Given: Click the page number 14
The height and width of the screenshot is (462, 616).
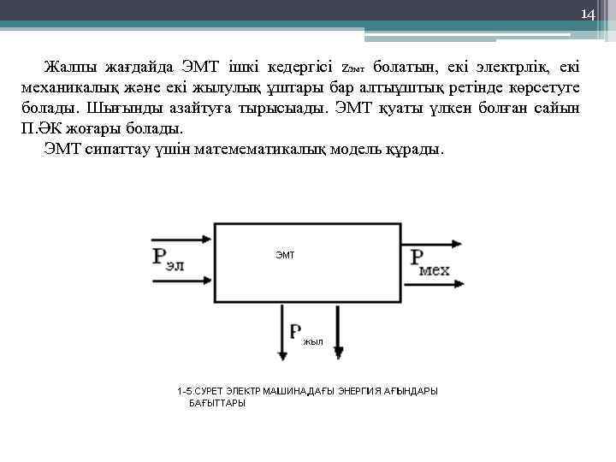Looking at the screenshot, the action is pyautogui.click(x=587, y=15).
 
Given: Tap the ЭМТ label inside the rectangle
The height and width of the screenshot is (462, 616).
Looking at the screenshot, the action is pyautogui.click(x=285, y=256).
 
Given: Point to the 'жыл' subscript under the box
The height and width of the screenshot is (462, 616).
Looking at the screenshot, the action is pyautogui.click(x=312, y=341).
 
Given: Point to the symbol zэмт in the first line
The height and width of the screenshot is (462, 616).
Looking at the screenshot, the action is pyautogui.click(x=352, y=68).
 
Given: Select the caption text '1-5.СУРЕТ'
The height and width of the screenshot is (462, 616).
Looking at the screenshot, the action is pyautogui.click(x=199, y=390).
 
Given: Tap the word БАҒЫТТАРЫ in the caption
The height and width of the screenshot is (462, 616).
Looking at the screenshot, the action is pyautogui.click(x=216, y=403).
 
